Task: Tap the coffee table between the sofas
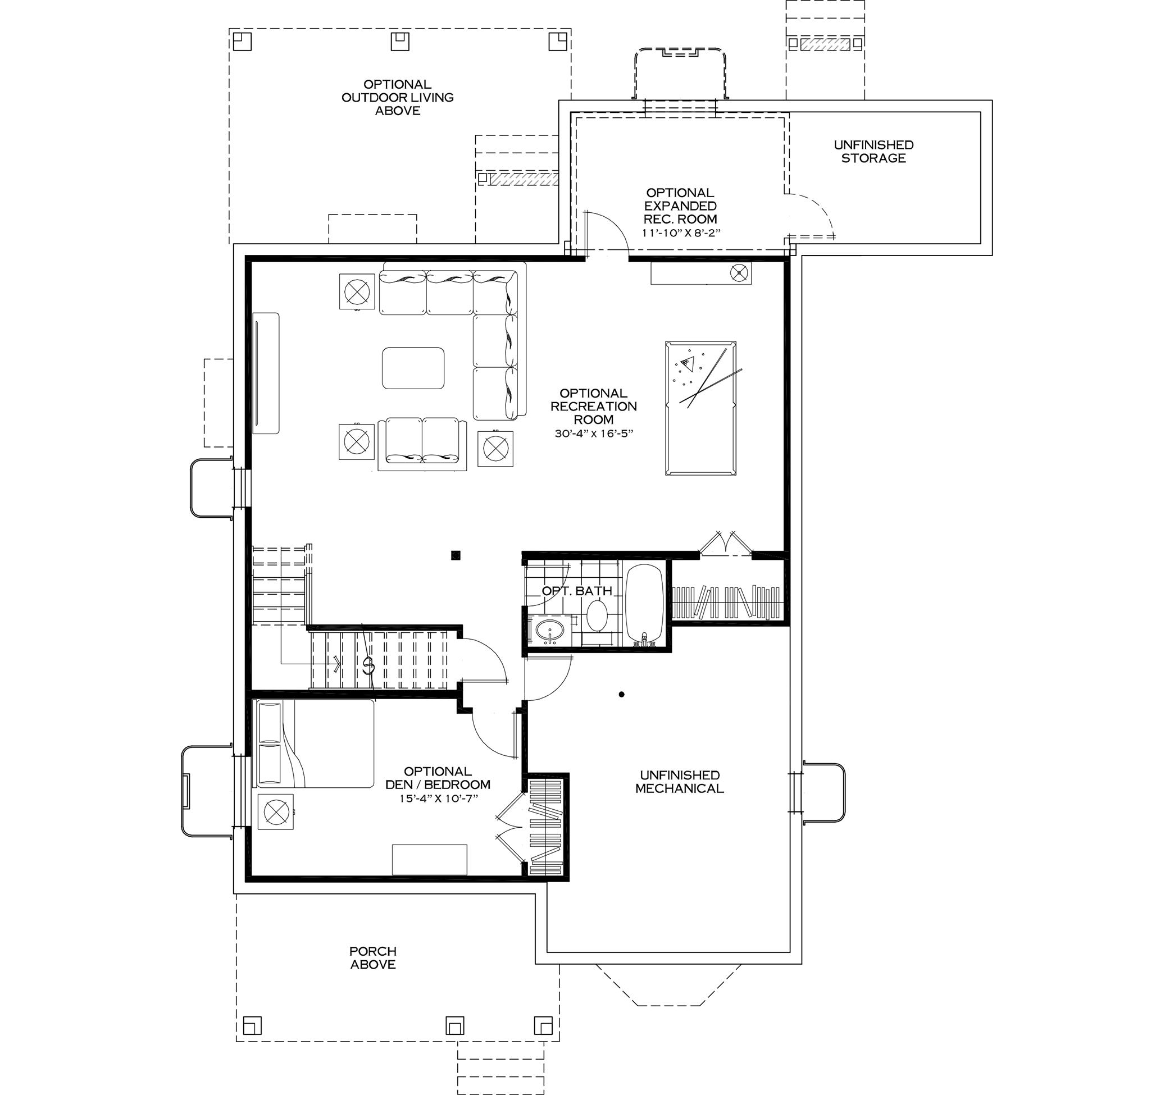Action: (x=413, y=368)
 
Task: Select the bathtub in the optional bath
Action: (x=645, y=604)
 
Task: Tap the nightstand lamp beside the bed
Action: (x=275, y=812)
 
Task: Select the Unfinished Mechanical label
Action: (x=679, y=782)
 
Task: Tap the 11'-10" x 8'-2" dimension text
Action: (x=680, y=232)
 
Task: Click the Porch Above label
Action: (x=372, y=957)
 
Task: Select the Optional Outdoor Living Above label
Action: (x=398, y=97)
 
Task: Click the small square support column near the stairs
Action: (x=456, y=555)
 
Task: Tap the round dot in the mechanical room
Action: (x=621, y=695)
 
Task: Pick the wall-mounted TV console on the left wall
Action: (x=266, y=373)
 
